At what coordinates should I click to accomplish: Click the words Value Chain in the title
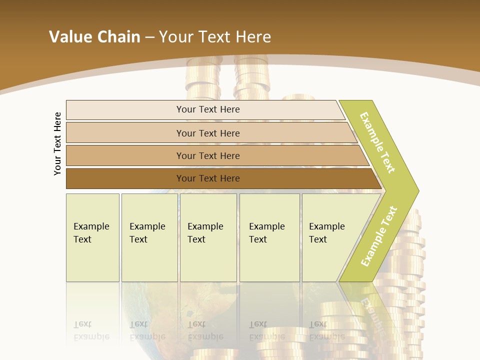tap(94, 37)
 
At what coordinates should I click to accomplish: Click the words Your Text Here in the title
tap(215, 37)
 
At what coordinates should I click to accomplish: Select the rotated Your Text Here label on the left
tap(58, 143)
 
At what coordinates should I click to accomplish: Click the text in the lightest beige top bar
tap(208, 109)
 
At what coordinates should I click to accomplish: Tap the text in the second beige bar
tap(208, 133)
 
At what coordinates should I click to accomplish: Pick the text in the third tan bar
tap(208, 156)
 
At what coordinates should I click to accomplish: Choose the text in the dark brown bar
tap(208, 178)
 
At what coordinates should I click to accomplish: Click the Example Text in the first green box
tap(91, 233)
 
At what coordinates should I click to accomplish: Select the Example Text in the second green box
tap(147, 233)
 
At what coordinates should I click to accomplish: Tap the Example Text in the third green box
tap(205, 233)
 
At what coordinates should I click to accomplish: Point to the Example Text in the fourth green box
tap(266, 233)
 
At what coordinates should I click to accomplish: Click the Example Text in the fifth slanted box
tap(326, 233)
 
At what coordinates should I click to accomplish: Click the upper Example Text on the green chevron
tap(377, 143)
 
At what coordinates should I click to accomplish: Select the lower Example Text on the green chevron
tap(379, 236)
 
